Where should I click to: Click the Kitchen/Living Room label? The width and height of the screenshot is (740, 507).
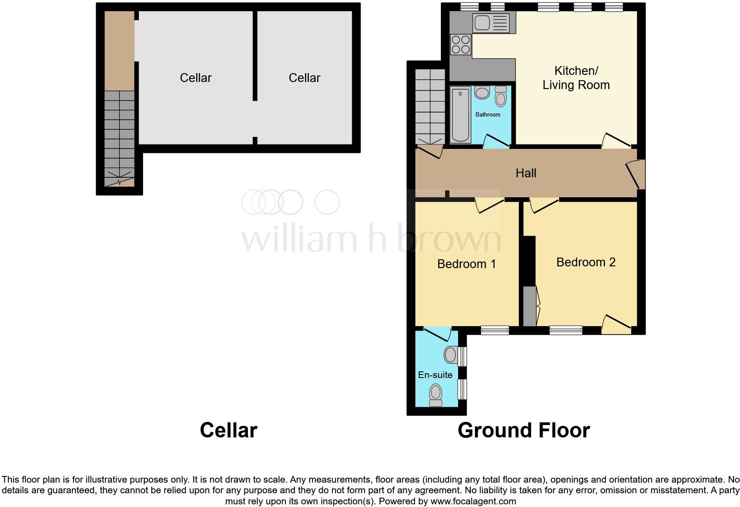[576, 78]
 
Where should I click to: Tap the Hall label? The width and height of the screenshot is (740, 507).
[526, 173]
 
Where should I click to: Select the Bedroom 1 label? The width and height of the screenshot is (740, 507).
[466, 264]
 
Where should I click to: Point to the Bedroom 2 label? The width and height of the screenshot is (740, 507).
[586, 262]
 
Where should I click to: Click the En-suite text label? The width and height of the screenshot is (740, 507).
[435, 375]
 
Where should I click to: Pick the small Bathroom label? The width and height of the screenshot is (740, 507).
[488, 114]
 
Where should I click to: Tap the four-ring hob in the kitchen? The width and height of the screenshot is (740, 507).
[460, 45]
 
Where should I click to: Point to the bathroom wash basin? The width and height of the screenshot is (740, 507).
[482, 93]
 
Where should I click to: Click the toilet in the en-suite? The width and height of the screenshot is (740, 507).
[436, 395]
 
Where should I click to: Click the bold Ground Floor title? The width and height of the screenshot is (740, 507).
[524, 430]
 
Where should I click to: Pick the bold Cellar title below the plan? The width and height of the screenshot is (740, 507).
[228, 430]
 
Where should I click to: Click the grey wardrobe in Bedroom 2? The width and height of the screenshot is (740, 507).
[529, 306]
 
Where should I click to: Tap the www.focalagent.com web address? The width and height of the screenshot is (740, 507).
[473, 501]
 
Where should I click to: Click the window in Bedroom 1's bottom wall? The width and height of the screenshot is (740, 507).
[495, 330]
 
